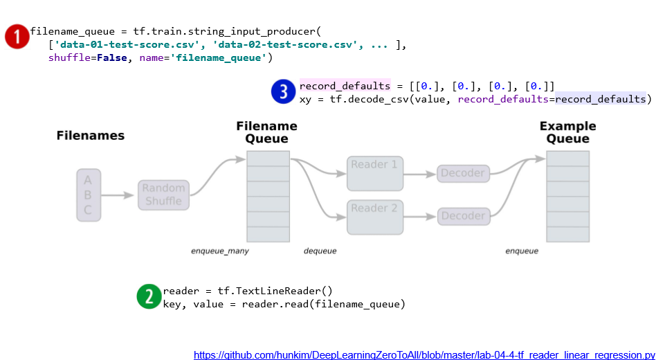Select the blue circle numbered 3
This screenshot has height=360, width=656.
[284, 92]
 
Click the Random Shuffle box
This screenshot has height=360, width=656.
[163, 195]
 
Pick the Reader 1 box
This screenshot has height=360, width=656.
[374, 172]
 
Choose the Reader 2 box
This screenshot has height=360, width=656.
[374, 216]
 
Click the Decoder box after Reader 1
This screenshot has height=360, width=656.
[463, 173]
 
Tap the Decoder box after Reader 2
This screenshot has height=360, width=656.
[463, 216]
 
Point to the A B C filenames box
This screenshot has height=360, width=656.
[88, 195]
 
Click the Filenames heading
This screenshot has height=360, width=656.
[91, 136]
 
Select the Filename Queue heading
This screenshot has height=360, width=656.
[266, 132]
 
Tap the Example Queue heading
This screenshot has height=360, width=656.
[567, 132]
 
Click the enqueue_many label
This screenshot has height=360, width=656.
[220, 251]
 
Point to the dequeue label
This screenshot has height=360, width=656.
[320, 251]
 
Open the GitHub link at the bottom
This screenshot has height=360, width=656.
[423, 354]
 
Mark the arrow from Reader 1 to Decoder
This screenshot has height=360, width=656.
[419, 174]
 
